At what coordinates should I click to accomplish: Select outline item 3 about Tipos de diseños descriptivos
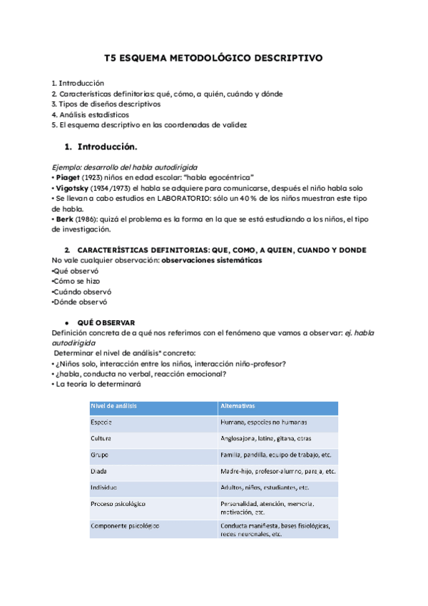(x=106, y=104)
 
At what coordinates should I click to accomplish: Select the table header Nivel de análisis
(x=113, y=406)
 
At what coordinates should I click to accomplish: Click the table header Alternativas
(x=238, y=406)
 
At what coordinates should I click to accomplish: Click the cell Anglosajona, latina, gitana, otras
(x=266, y=438)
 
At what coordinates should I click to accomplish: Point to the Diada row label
(x=98, y=472)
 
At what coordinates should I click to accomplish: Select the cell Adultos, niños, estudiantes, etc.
(x=265, y=487)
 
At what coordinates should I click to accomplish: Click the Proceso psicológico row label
(x=118, y=504)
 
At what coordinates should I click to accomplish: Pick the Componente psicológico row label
(x=124, y=526)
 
